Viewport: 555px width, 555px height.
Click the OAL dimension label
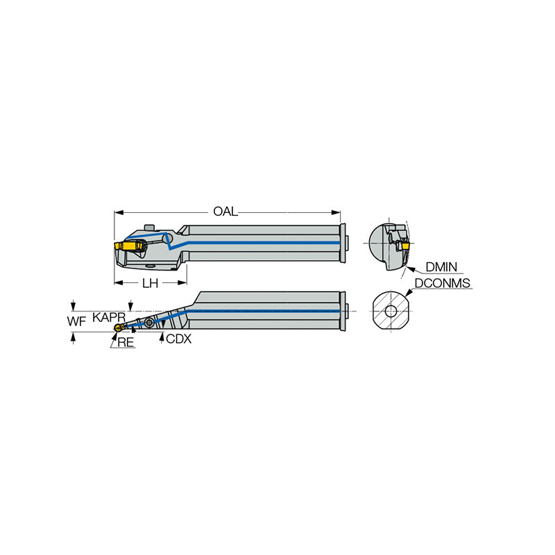pyautogui.click(x=225, y=212)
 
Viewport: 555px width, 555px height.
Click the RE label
pyautogui.click(x=126, y=342)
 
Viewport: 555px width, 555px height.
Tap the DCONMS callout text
pyautogui.click(x=443, y=283)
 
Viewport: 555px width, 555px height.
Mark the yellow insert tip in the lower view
pyautogui.click(x=119, y=327)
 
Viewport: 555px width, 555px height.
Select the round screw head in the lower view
pyautogui.click(x=149, y=323)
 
